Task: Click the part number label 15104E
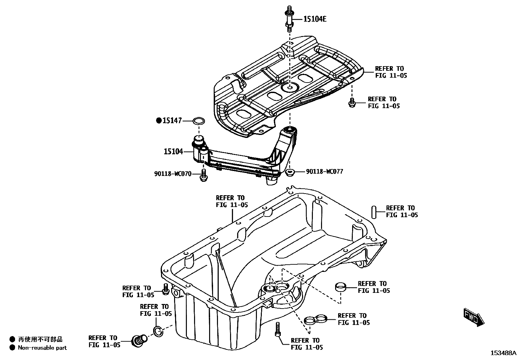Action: coord(315,19)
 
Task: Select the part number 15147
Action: coord(172,121)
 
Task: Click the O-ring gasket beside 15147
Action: coord(198,121)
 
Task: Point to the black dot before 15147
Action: coord(159,121)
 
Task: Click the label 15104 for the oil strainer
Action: coord(173,151)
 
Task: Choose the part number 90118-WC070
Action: coord(173,174)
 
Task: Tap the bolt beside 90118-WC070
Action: coord(203,175)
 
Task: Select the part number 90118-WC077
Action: coord(325,171)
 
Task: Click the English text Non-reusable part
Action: coord(42,348)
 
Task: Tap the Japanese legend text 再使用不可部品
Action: coord(40,339)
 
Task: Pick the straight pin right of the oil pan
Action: coord(373,212)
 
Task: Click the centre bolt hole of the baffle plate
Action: coord(290,87)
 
